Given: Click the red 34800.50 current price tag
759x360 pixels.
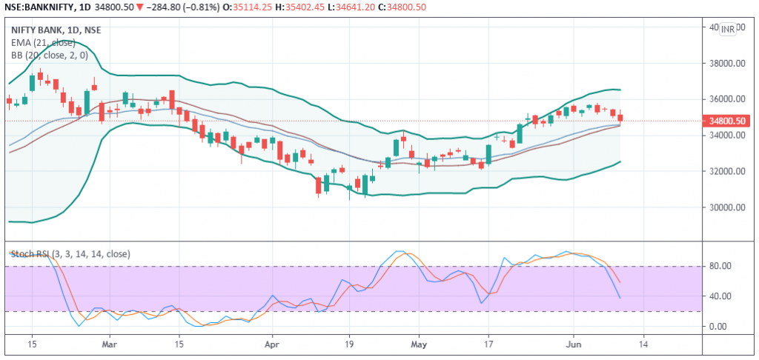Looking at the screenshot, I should [727, 121].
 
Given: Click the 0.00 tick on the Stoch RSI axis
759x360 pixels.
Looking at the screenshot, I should [720, 326].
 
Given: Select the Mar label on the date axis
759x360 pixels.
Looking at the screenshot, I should [109, 344].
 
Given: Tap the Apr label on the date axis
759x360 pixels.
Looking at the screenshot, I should [274, 344].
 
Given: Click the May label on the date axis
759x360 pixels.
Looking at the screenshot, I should [419, 344].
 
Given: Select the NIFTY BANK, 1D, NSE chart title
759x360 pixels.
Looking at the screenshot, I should [56, 30].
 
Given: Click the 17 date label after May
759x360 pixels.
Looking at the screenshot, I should [488, 344].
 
